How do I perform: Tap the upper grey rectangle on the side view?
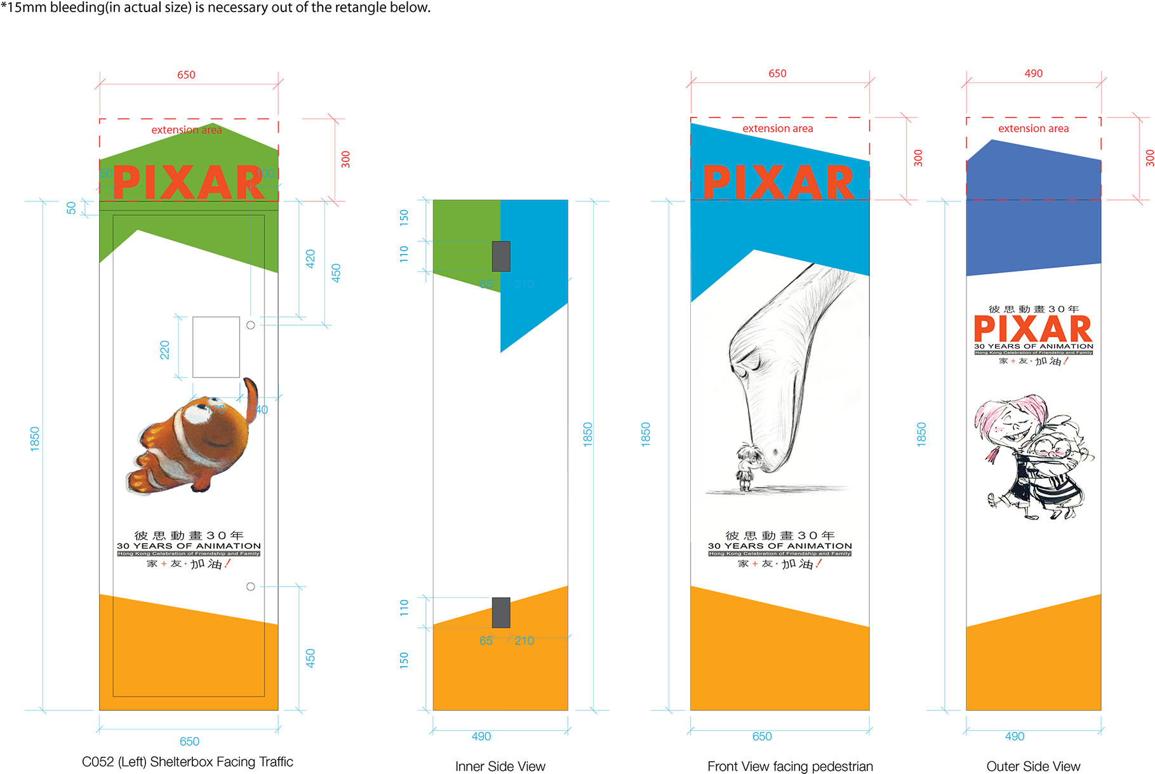click(x=501, y=257)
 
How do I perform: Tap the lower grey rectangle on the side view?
click(x=501, y=613)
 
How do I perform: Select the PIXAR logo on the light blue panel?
click(x=779, y=183)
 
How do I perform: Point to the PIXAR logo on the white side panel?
click(x=1033, y=328)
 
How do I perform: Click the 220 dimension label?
click(x=165, y=350)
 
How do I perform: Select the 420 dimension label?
click(x=310, y=258)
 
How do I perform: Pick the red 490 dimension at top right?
click(x=1033, y=74)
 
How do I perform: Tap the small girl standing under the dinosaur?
click(x=745, y=467)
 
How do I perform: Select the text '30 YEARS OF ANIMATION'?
click(x=1034, y=346)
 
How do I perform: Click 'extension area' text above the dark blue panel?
click(x=1033, y=129)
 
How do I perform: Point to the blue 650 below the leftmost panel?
click(x=189, y=741)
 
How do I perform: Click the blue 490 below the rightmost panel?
click(x=1015, y=737)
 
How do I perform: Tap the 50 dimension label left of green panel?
click(x=71, y=208)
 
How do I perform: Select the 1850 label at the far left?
click(x=35, y=439)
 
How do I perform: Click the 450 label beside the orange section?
click(x=310, y=658)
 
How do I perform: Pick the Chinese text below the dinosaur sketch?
click(x=780, y=535)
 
